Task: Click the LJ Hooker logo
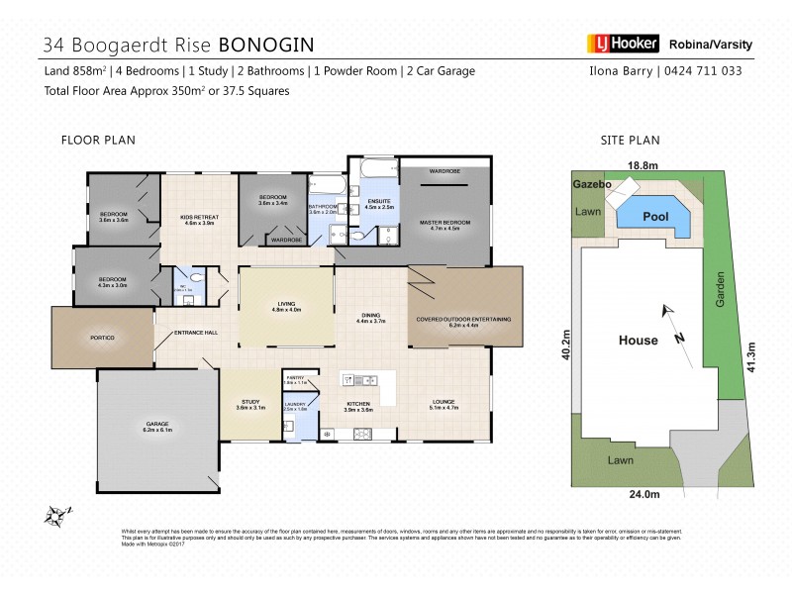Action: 623,44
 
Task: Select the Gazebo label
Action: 591,185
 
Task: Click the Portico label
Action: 103,338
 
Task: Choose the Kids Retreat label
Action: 200,219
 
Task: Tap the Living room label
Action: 286,307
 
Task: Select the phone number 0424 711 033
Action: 703,70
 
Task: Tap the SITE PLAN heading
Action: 631,141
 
